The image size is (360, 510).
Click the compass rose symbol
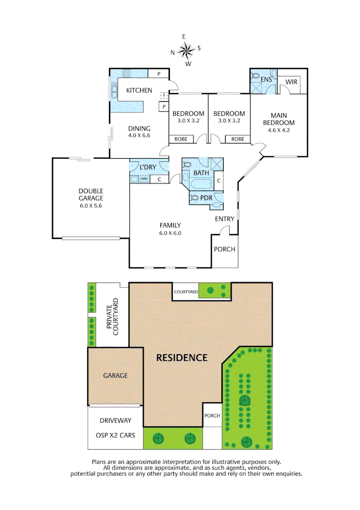187,50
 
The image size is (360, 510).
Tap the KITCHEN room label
138,90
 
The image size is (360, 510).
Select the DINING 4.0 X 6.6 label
139,132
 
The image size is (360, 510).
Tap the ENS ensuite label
267,79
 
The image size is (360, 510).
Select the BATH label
201,173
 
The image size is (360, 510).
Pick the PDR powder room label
206,198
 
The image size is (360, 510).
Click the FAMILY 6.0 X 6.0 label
170,229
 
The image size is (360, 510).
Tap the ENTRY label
225,219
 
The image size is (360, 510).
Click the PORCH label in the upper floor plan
225,249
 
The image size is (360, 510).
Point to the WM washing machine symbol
144,179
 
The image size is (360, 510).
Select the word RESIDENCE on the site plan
182,357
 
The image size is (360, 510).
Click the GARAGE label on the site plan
115,375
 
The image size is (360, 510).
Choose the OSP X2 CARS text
115,434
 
